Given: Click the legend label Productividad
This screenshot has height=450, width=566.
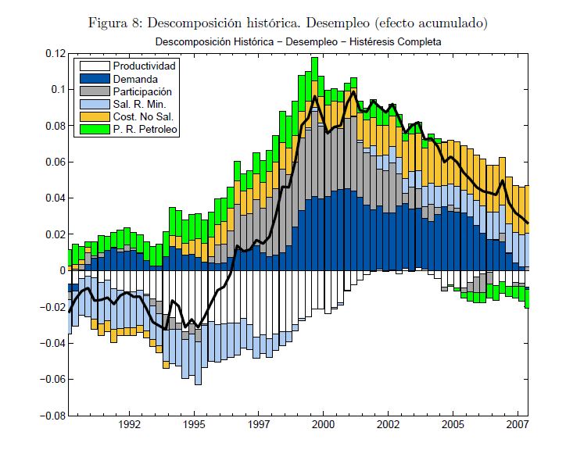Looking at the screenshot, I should pos(145,66).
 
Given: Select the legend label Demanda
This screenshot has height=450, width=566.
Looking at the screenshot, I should pos(136,79).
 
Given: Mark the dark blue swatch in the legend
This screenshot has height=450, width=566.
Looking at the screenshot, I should pos(93,79).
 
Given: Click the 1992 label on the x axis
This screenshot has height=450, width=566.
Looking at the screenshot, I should pos(130,427).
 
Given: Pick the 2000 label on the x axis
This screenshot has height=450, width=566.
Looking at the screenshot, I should pos(324,427).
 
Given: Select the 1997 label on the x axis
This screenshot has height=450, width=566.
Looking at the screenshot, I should pos(260,427).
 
